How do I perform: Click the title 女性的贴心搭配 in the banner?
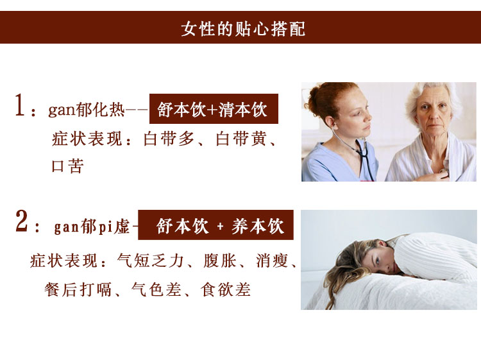click(x=243, y=29)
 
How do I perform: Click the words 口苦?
click(x=67, y=167)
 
